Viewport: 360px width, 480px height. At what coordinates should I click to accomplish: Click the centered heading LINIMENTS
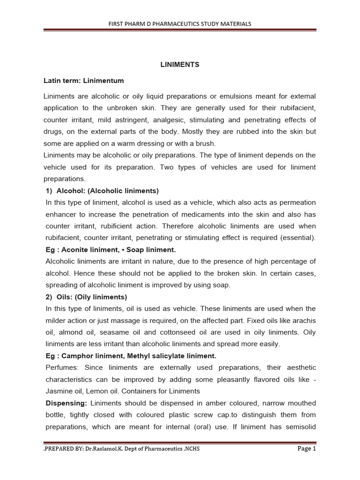coord(180,65)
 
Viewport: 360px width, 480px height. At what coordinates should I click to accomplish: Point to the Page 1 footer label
coord(307,449)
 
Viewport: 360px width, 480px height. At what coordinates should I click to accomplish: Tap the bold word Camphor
coord(71,356)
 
